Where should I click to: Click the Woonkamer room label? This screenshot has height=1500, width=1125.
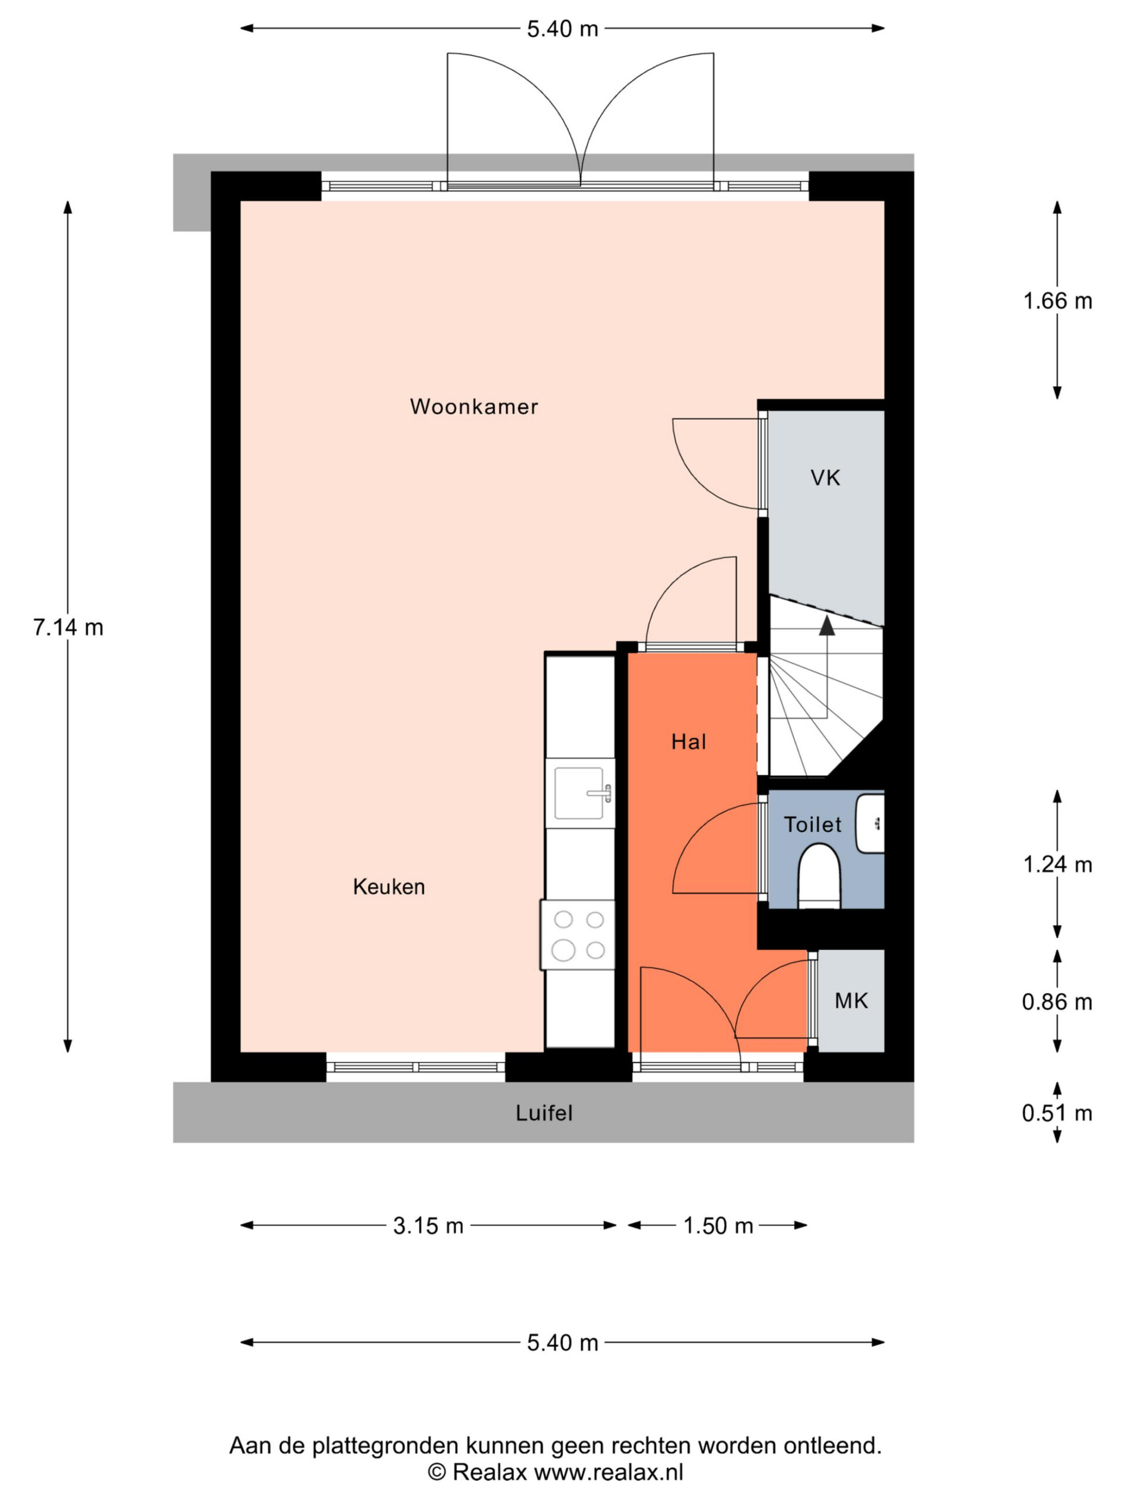tap(473, 406)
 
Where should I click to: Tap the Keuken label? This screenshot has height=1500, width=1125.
tap(388, 887)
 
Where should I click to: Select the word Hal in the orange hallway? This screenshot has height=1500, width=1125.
tap(688, 742)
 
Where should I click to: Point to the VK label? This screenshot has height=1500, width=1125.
tap(825, 478)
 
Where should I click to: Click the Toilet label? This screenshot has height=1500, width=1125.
tap(812, 824)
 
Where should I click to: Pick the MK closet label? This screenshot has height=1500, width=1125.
tap(851, 1001)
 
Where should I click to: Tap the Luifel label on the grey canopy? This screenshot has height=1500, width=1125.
tap(544, 1113)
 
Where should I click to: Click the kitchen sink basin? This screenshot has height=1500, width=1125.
tap(578, 793)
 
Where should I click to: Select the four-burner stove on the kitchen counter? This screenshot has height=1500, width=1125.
tap(578, 935)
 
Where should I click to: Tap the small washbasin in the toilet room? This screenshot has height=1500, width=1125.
tap(870, 824)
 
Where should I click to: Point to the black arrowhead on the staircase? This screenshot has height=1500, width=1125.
tap(827, 625)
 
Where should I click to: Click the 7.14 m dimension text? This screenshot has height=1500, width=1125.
tap(68, 628)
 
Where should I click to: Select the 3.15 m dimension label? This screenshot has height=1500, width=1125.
tap(428, 1225)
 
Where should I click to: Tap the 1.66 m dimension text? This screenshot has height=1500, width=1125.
tap(1057, 301)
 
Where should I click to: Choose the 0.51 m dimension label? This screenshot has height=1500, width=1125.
tap(1057, 1113)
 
